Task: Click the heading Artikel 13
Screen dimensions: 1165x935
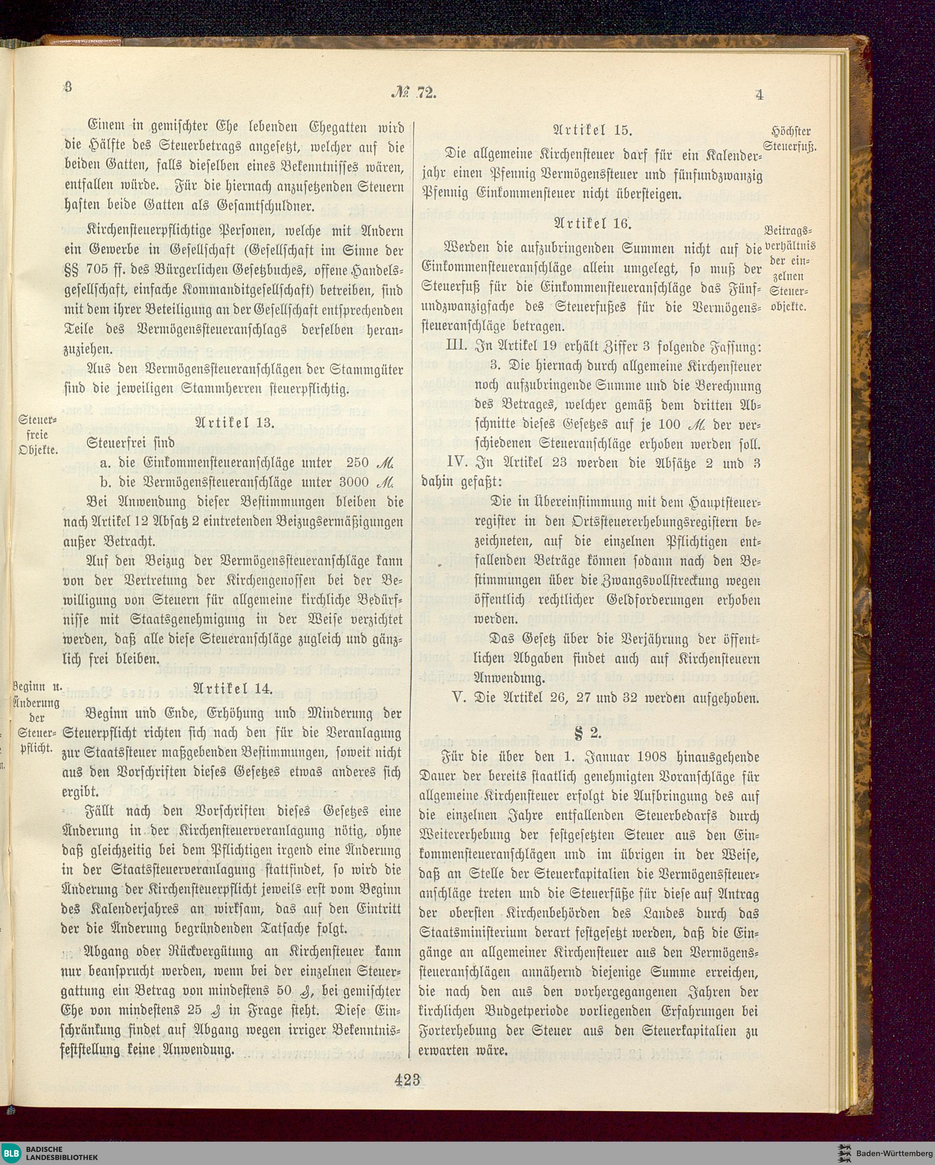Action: pos(234,423)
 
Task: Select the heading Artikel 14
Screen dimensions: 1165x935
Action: pos(234,688)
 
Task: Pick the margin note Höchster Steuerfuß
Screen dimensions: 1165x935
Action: pos(791,139)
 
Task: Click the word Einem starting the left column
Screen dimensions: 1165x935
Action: pos(106,125)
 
